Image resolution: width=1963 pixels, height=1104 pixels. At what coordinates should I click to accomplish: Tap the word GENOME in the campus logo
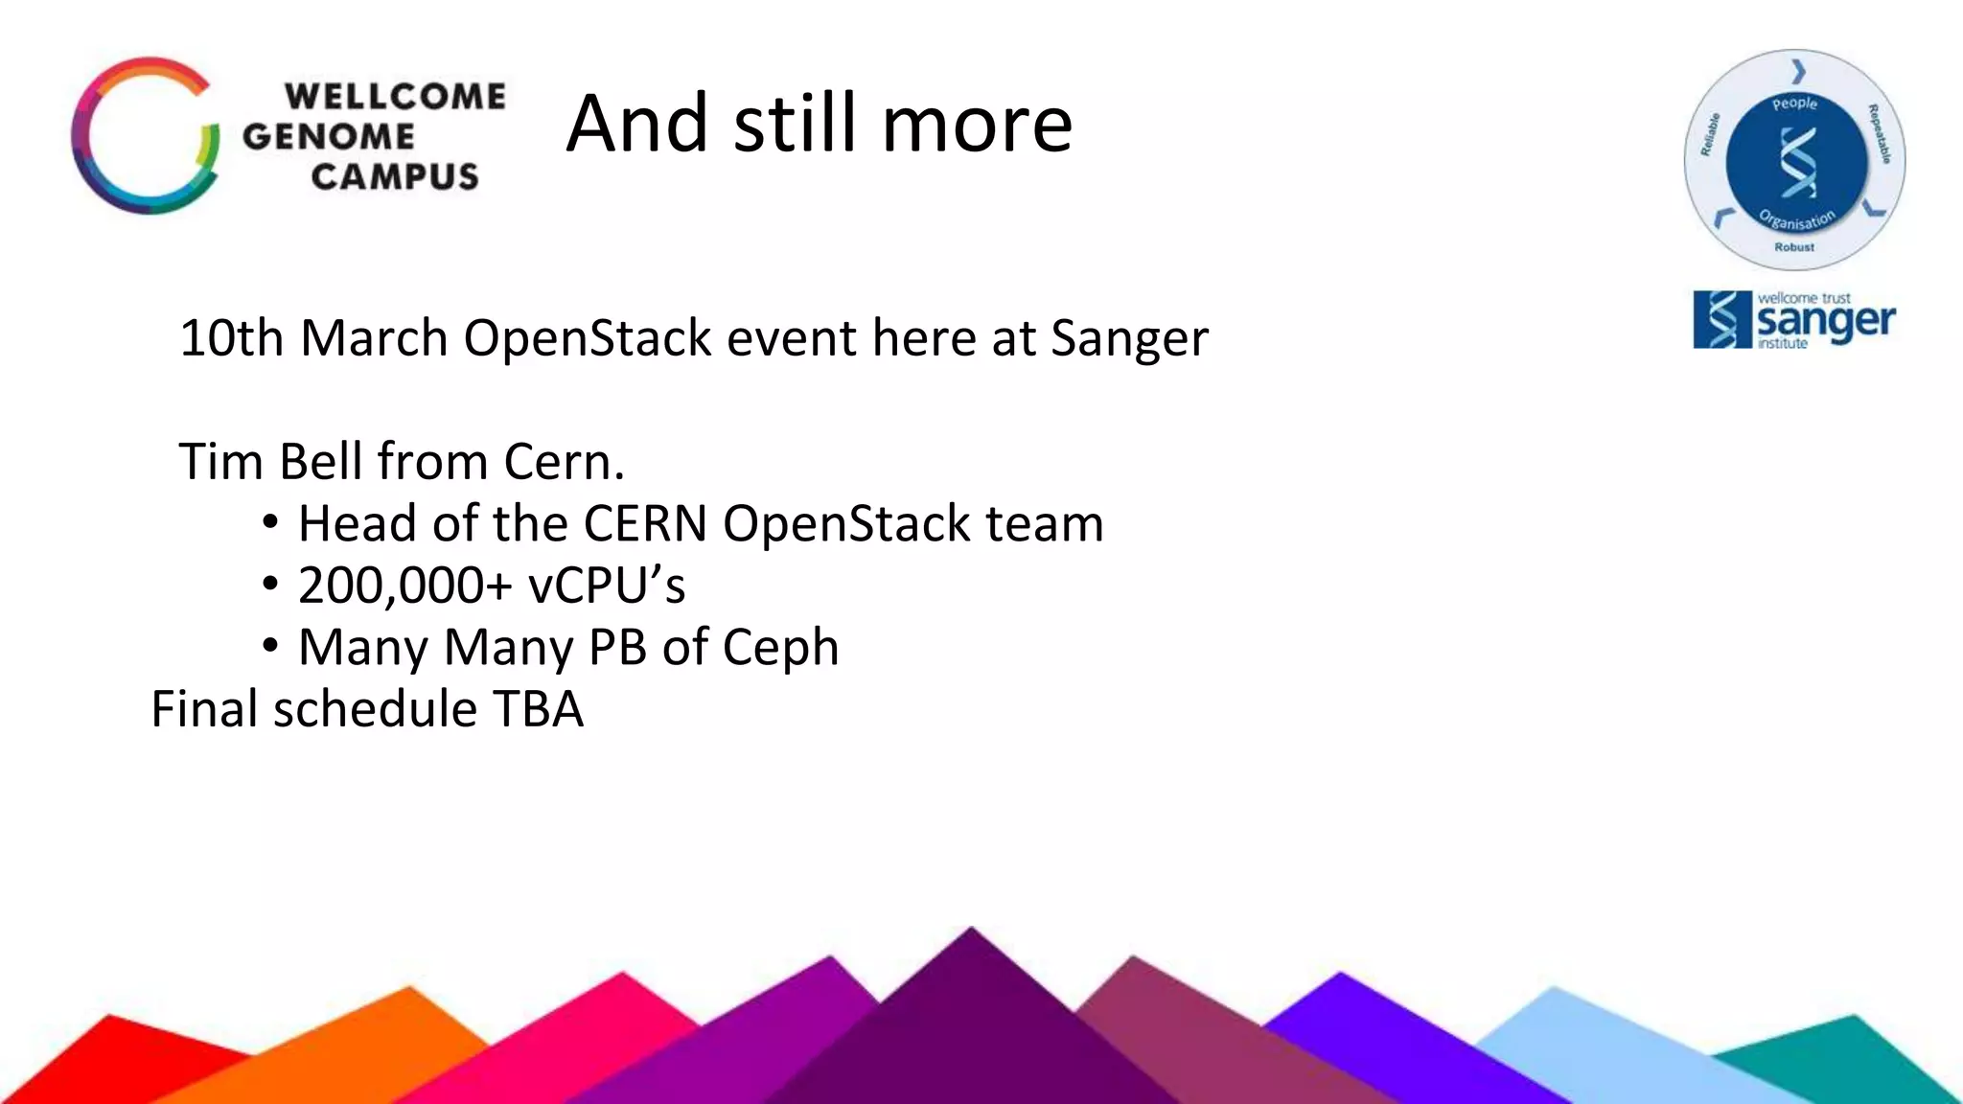pos(328,136)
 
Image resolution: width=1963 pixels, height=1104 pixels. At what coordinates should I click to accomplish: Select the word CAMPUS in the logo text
pos(394,177)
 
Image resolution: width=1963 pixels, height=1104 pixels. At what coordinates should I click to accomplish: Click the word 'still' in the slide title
pos(797,124)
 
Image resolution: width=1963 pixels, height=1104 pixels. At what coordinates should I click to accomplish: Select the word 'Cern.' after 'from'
pos(564,461)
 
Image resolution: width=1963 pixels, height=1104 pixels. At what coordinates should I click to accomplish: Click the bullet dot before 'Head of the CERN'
pos(270,523)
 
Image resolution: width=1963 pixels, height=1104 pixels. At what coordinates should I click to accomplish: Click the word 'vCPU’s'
pos(607,586)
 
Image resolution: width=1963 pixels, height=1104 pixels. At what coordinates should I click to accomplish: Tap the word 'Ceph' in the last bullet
pos(780,648)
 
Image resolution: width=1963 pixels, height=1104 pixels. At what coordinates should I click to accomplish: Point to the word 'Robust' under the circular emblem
pos(1793,247)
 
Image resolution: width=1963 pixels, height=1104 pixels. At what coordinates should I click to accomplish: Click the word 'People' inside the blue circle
pos(1794,103)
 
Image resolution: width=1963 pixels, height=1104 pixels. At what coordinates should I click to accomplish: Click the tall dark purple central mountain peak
pos(970,1025)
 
